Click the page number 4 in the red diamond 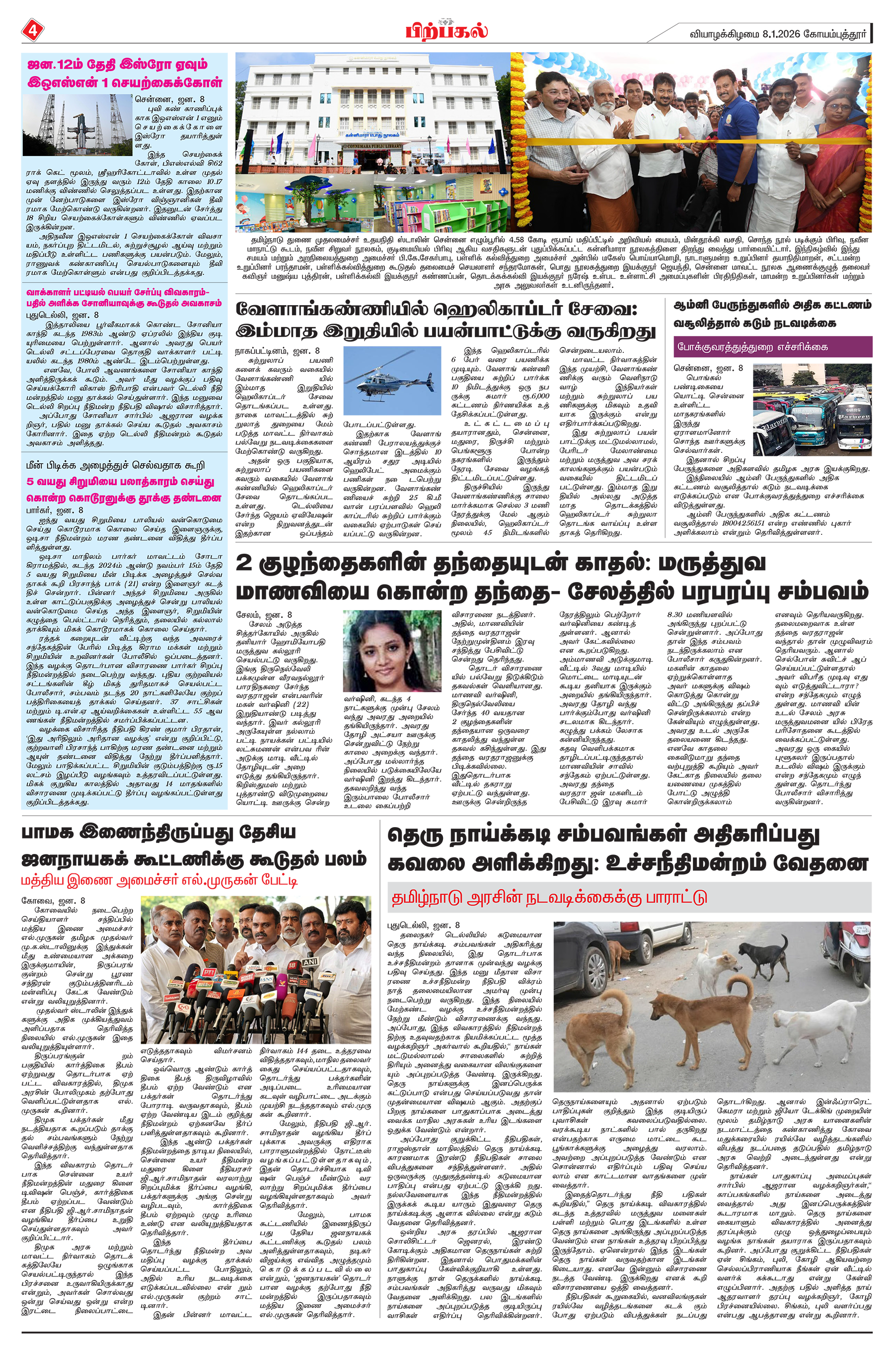click(31, 30)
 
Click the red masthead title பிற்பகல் click(447, 29)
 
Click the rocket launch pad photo click(77, 125)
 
